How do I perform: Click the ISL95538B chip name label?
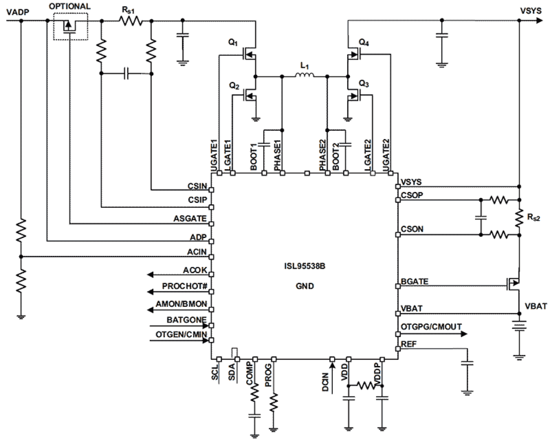304,266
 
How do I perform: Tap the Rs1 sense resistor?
131,21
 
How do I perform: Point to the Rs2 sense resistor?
519,218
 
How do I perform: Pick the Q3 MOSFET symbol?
353,95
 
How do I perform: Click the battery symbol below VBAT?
519,326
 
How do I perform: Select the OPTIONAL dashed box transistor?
70,27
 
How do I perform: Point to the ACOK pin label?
195,270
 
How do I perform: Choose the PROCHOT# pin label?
184,286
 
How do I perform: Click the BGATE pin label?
414,282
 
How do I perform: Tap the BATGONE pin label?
186,320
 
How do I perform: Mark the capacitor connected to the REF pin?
467,363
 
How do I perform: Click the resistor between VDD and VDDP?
365,386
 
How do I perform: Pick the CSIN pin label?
197,186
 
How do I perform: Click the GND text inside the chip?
304,286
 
